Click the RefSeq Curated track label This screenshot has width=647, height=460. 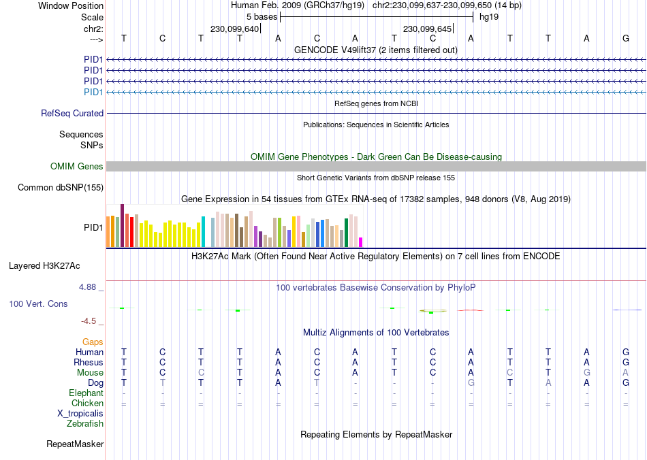pos(72,114)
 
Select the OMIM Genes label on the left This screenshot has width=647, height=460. pos(77,167)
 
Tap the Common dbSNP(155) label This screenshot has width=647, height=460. pos(61,188)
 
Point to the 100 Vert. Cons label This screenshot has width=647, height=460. pos(39,303)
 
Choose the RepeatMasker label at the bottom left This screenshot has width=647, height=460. pos(75,444)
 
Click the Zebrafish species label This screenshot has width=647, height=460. pos(85,424)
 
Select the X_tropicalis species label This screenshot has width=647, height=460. pos(80,414)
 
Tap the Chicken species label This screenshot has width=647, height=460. pos(87,404)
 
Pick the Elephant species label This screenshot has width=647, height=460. pos(86,393)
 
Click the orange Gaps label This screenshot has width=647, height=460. pos(93,342)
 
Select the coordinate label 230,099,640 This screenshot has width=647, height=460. pos(235,29)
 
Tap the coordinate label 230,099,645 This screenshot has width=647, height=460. pos(428,29)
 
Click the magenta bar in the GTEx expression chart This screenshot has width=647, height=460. pos(361,242)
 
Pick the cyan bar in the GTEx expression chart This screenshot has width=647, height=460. pos(204,231)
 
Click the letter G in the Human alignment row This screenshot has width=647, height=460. pos(626,352)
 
